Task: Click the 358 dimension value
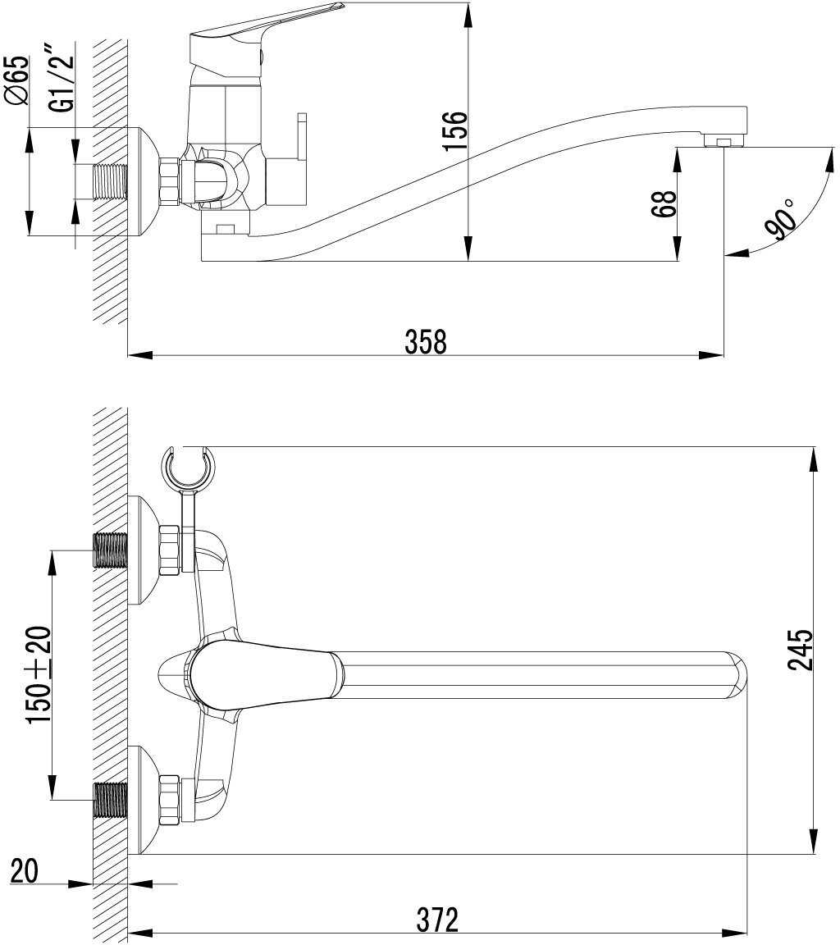click(426, 341)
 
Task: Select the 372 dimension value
click(436, 920)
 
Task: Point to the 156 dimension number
click(454, 130)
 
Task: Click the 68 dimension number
click(665, 203)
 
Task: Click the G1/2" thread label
click(62, 80)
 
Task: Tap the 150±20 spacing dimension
click(39, 674)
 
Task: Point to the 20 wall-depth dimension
click(25, 870)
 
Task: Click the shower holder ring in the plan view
click(188, 468)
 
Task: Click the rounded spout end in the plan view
click(735, 674)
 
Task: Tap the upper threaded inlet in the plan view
click(111, 550)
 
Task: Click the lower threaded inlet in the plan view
click(111, 799)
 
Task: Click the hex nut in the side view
click(168, 181)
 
